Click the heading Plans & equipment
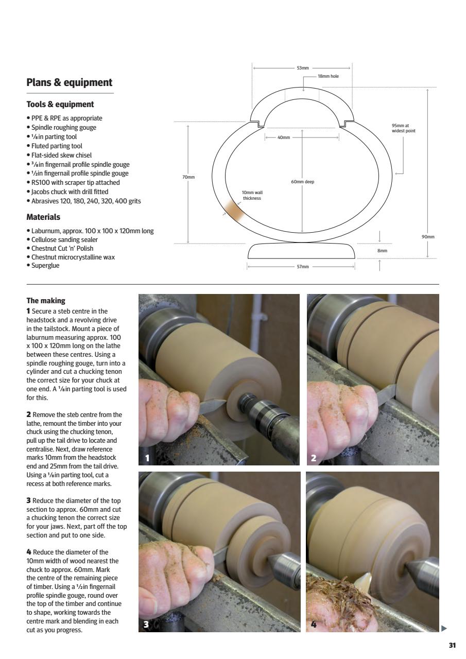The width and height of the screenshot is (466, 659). tap(69, 82)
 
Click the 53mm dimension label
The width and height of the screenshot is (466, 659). tap(302, 68)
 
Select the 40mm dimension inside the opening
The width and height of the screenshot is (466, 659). tap(283, 137)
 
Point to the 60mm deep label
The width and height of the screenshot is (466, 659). tap(302, 182)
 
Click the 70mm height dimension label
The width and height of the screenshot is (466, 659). tap(188, 177)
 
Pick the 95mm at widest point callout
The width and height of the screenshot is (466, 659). tap(403, 128)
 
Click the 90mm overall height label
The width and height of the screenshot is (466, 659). tap(428, 237)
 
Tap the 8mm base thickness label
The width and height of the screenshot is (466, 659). tap(382, 251)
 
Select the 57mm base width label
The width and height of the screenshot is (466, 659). tap(302, 267)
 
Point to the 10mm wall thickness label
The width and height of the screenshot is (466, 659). tap(252, 195)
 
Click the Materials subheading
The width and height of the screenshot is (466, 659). tap(43, 217)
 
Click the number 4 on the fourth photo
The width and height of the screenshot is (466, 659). tap(314, 625)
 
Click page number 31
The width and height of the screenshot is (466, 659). tap(452, 645)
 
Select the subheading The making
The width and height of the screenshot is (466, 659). tap(46, 301)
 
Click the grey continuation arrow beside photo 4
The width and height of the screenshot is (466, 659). tap(444, 628)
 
